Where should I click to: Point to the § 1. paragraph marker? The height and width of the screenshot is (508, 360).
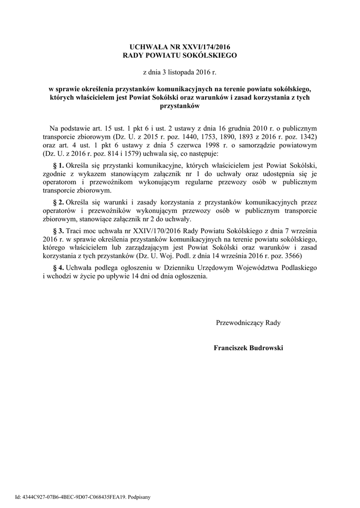click(59, 164)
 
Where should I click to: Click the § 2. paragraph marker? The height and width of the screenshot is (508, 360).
click(59, 202)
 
